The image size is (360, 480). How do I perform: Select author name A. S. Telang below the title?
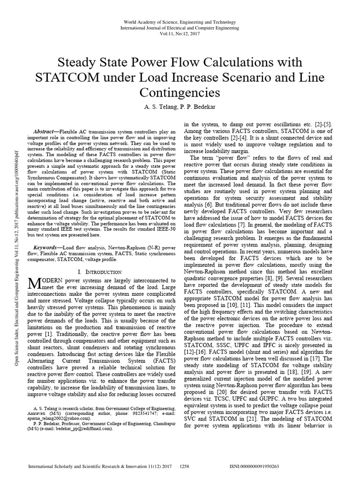[160, 107]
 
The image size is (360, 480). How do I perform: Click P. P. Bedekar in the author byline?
[197, 107]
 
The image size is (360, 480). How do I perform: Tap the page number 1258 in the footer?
[184, 467]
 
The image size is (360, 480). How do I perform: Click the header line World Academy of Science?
[180, 22]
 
